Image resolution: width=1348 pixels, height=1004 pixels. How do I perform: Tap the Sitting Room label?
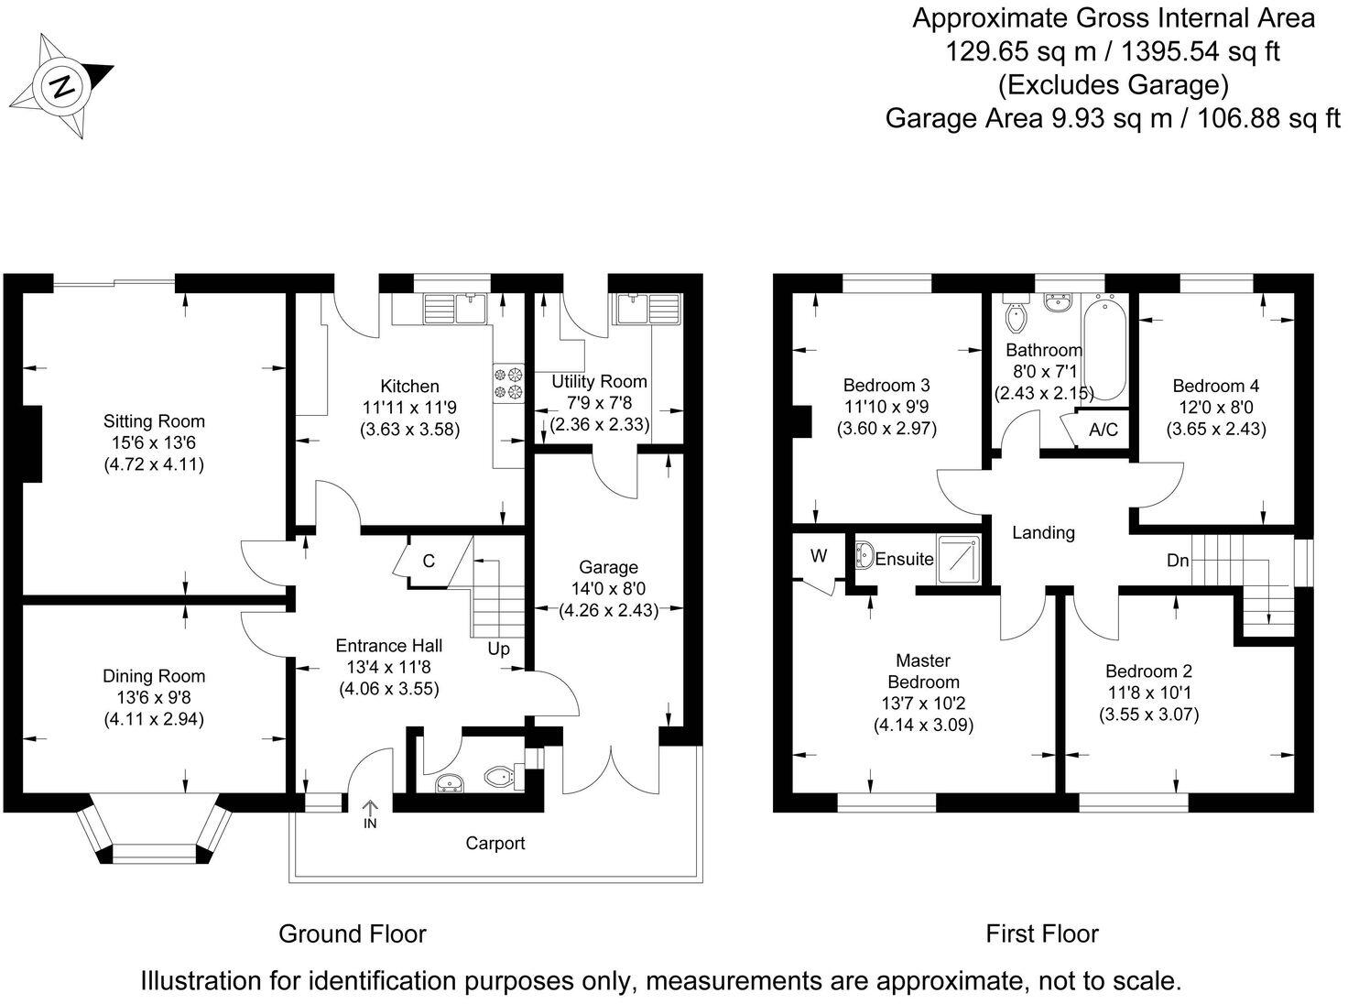(x=154, y=421)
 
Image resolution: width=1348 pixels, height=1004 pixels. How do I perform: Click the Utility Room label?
(x=599, y=381)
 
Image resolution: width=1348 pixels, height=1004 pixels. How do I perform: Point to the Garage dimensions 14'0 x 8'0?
(x=608, y=589)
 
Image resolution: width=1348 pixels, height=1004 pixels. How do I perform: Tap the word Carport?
(x=495, y=843)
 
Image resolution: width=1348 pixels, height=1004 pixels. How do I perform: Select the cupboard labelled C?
(x=428, y=561)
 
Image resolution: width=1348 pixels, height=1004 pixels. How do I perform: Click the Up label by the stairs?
(x=498, y=649)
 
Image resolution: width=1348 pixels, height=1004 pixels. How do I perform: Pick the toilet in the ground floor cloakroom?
(x=500, y=777)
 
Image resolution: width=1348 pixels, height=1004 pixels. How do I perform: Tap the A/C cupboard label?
(x=1103, y=430)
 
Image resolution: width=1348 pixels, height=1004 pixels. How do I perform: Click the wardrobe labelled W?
(x=819, y=556)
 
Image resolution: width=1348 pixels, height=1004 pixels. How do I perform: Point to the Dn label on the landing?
(x=1178, y=560)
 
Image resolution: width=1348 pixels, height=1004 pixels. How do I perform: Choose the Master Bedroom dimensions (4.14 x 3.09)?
(x=923, y=725)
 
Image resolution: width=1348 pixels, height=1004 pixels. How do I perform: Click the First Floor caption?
(x=1041, y=933)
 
